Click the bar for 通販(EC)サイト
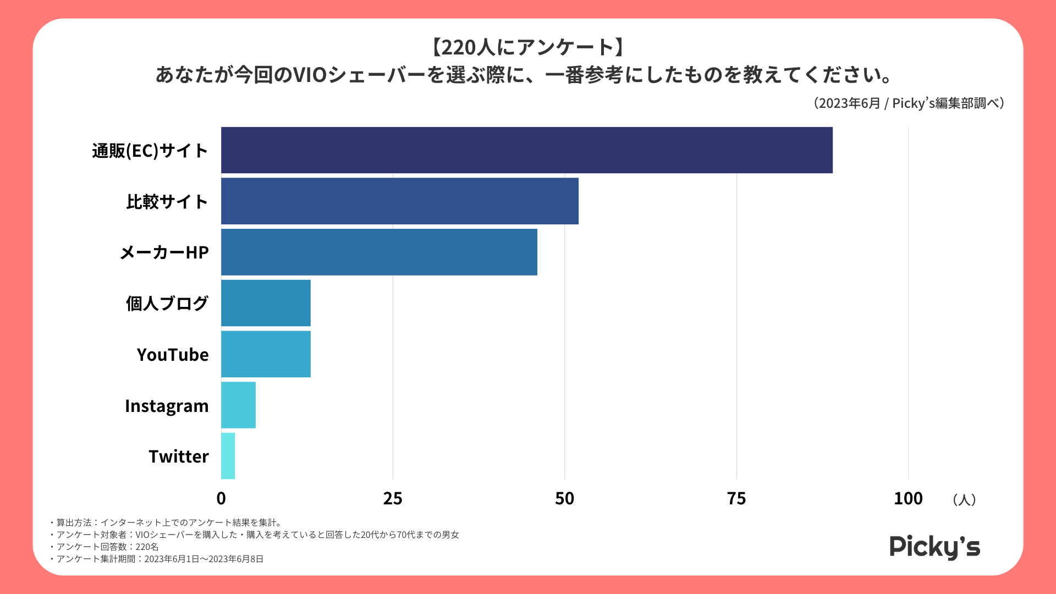pyautogui.click(x=526, y=150)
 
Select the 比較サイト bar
pyautogui.click(x=399, y=201)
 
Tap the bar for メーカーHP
pyautogui.click(x=379, y=252)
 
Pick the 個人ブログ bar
pyautogui.click(x=266, y=303)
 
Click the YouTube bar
pyautogui.click(x=266, y=354)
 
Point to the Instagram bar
pyautogui.click(x=238, y=405)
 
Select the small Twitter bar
pyautogui.click(x=228, y=456)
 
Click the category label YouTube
pyautogui.click(x=173, y=355)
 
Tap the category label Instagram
pyautogui.click(x=167, y=406)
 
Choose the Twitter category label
pyautogui.click(x=179, y=457)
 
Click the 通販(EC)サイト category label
pyautogui.click(x=150, y=151)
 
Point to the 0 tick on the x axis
pyautogui.click(x=221, y=498)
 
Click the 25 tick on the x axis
pyautogui.click(x=393, y=498)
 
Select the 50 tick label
pyautogui.click(x=564, y=498)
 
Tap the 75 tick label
pyautogui.click(x=736, y=498)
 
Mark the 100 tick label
pyautogui.click(x=908, y=498)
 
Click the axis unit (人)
pyautogui.click(x=964, y=499)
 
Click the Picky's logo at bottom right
pyautogui.click(x=934, y=547)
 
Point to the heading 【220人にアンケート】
pyautogui.click(x=527, y=47)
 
